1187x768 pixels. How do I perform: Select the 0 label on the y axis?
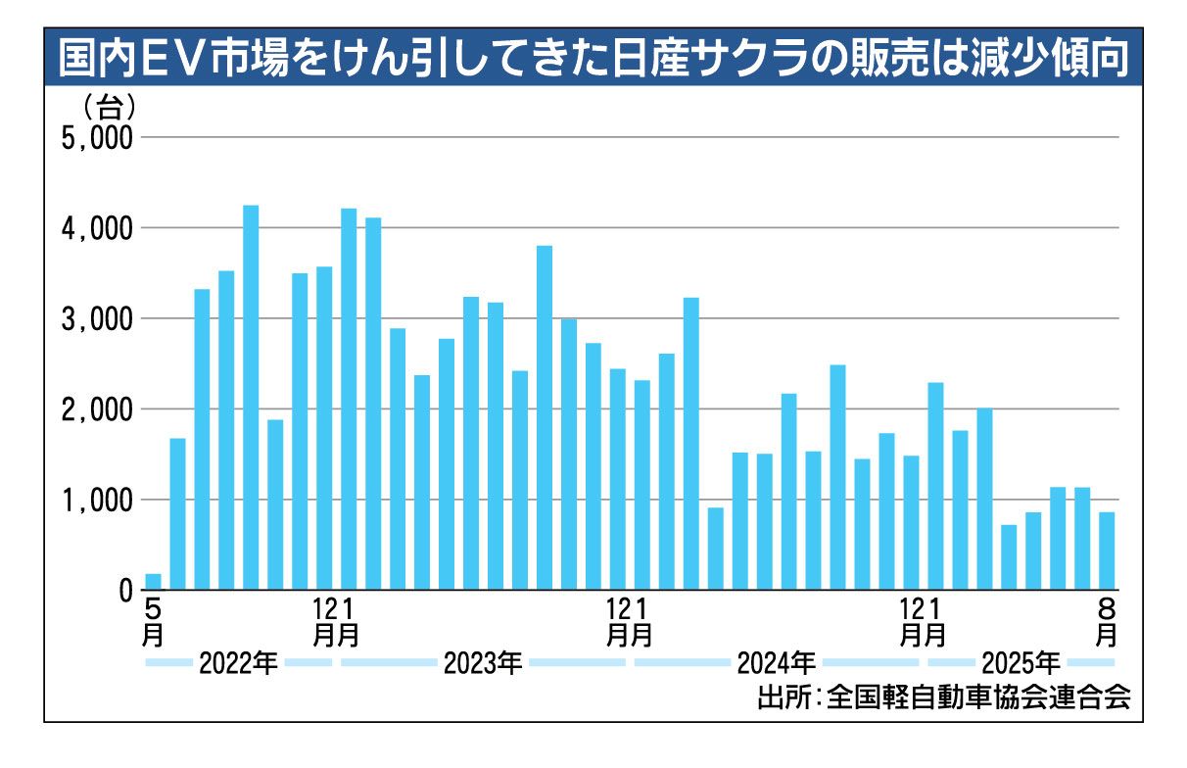coord(125,591)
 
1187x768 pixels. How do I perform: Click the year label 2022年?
coord(238,664)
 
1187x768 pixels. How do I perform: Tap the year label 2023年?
coord(482,664)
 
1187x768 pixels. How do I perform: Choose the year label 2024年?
coord(776,664)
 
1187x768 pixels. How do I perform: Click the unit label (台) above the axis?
coord(110,105)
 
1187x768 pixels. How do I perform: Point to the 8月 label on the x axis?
coord(1107,621)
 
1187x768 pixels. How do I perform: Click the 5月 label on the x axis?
coord(153,621)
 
